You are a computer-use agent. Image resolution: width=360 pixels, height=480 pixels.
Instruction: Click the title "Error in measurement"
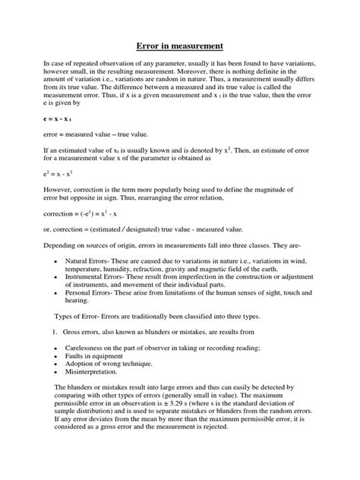tap(179, 45)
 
